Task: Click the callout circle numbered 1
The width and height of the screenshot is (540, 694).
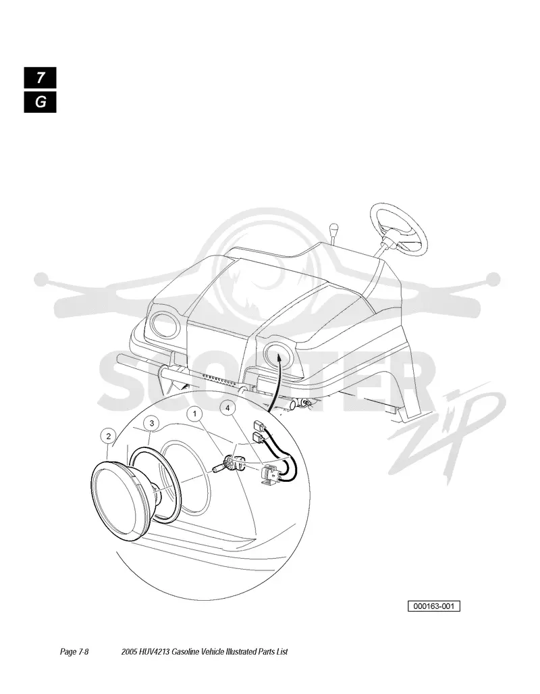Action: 195,414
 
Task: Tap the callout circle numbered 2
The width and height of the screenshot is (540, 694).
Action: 109,436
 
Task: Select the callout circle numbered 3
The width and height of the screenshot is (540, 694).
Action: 152,424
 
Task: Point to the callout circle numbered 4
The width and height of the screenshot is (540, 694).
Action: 227,408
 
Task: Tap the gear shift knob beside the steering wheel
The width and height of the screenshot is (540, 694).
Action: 333,230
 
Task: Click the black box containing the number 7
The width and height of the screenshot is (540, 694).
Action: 40,78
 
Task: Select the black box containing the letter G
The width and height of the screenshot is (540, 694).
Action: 40,102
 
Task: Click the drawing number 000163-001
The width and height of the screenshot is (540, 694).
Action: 434,606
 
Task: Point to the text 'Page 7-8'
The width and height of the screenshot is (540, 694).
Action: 74,651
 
